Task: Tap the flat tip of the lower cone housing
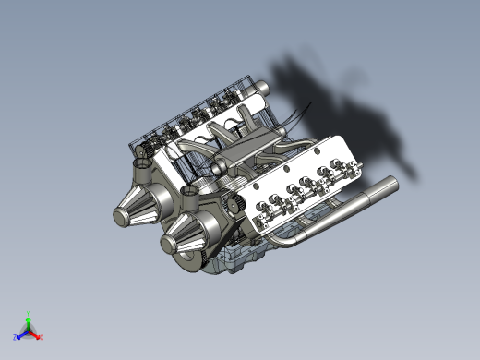click(x=169, y=245)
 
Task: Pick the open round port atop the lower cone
click(x=190, y=192)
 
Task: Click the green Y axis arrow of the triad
click(x=29, y=320)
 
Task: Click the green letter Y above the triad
click(x=29, y=313)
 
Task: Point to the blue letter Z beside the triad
click(x=16, y=338)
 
